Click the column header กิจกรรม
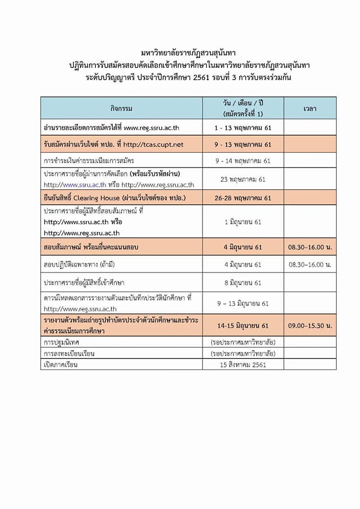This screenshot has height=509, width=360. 121,109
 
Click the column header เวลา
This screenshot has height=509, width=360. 310,109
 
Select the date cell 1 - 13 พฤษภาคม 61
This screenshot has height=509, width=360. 243,128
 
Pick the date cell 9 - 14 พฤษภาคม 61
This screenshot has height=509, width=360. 243,161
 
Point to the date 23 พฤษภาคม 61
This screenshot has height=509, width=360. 243,179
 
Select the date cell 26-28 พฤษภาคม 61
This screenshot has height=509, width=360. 243,198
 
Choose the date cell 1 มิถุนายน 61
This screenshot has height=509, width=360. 243,222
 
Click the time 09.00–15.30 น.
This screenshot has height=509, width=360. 310,325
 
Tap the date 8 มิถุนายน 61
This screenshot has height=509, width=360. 243,282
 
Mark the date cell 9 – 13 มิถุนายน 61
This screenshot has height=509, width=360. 243,303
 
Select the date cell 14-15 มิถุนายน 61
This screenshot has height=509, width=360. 243,325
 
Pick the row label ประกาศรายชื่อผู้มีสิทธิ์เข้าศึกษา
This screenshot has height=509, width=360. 88,282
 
